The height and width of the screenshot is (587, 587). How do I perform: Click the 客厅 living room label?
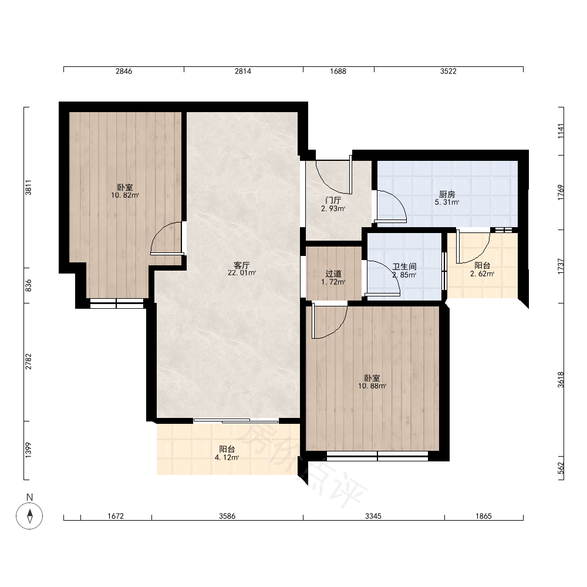point(241,265)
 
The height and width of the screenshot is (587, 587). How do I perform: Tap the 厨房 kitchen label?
point(447,195)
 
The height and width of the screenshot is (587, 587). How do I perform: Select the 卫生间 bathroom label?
point(404,266)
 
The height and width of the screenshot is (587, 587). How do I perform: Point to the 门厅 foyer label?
point(333,201)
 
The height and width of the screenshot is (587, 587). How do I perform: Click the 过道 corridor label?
point(333,274)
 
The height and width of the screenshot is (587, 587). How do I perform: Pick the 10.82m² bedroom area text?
point(125,195)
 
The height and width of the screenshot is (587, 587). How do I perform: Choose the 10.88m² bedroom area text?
point(372,386)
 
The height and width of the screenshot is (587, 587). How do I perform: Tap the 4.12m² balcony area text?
point(227,457)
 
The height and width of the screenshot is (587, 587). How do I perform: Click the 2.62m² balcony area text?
point(482,274)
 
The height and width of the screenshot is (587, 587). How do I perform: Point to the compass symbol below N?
point(29,516)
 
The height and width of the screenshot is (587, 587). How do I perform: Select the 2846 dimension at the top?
point(123,71)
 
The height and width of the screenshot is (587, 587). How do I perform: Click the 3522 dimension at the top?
point(448,71)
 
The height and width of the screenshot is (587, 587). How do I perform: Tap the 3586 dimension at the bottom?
point(227,516)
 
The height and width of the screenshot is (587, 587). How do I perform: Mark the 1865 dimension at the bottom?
point(483,516)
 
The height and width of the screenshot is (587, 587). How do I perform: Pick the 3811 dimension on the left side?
point(28,188)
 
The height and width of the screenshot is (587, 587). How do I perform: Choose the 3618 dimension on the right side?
point(561,380)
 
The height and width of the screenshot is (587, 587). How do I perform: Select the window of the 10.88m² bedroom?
point(377,456)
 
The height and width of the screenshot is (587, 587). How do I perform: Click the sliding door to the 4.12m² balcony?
point(236,421)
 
